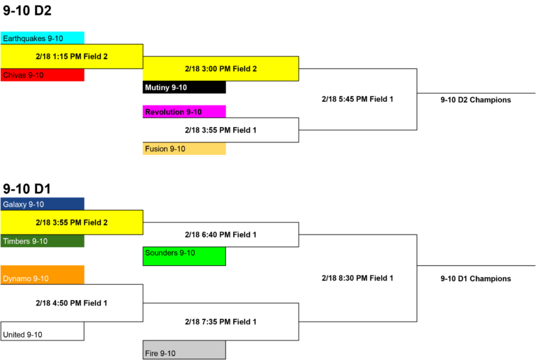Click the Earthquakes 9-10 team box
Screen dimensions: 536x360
tap(43, 38)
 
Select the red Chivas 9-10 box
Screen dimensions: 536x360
tap(43, 75)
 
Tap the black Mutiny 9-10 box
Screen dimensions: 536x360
tap(184, 87)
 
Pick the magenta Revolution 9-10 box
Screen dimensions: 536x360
tap(184, 112)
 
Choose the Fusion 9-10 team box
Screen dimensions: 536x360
tap(184, 149)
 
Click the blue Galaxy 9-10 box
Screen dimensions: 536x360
tap(43, 204)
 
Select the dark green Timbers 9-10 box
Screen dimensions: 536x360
tap(43, 241)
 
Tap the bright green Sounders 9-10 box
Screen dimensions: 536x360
tap(184, 256)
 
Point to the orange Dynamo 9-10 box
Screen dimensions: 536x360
tap(43, 275)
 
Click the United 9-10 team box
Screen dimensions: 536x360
tap(43, 331)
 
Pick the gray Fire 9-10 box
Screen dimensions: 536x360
tap(184, 350)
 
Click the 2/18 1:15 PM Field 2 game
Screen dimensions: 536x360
tap(72, 57)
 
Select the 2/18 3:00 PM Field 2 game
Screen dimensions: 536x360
tap(221, 68)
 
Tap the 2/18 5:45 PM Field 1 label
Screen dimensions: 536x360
tap(357, 99)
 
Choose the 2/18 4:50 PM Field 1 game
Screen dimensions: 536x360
tap(72, 303)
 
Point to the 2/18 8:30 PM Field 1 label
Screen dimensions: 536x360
tap(357, 278)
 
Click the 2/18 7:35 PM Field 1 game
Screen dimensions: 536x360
tap(221, 322)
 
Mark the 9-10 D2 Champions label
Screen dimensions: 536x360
tap(475, 100)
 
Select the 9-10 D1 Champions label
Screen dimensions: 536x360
tap(475, 278)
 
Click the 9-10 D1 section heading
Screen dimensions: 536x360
tap(27, 188)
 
